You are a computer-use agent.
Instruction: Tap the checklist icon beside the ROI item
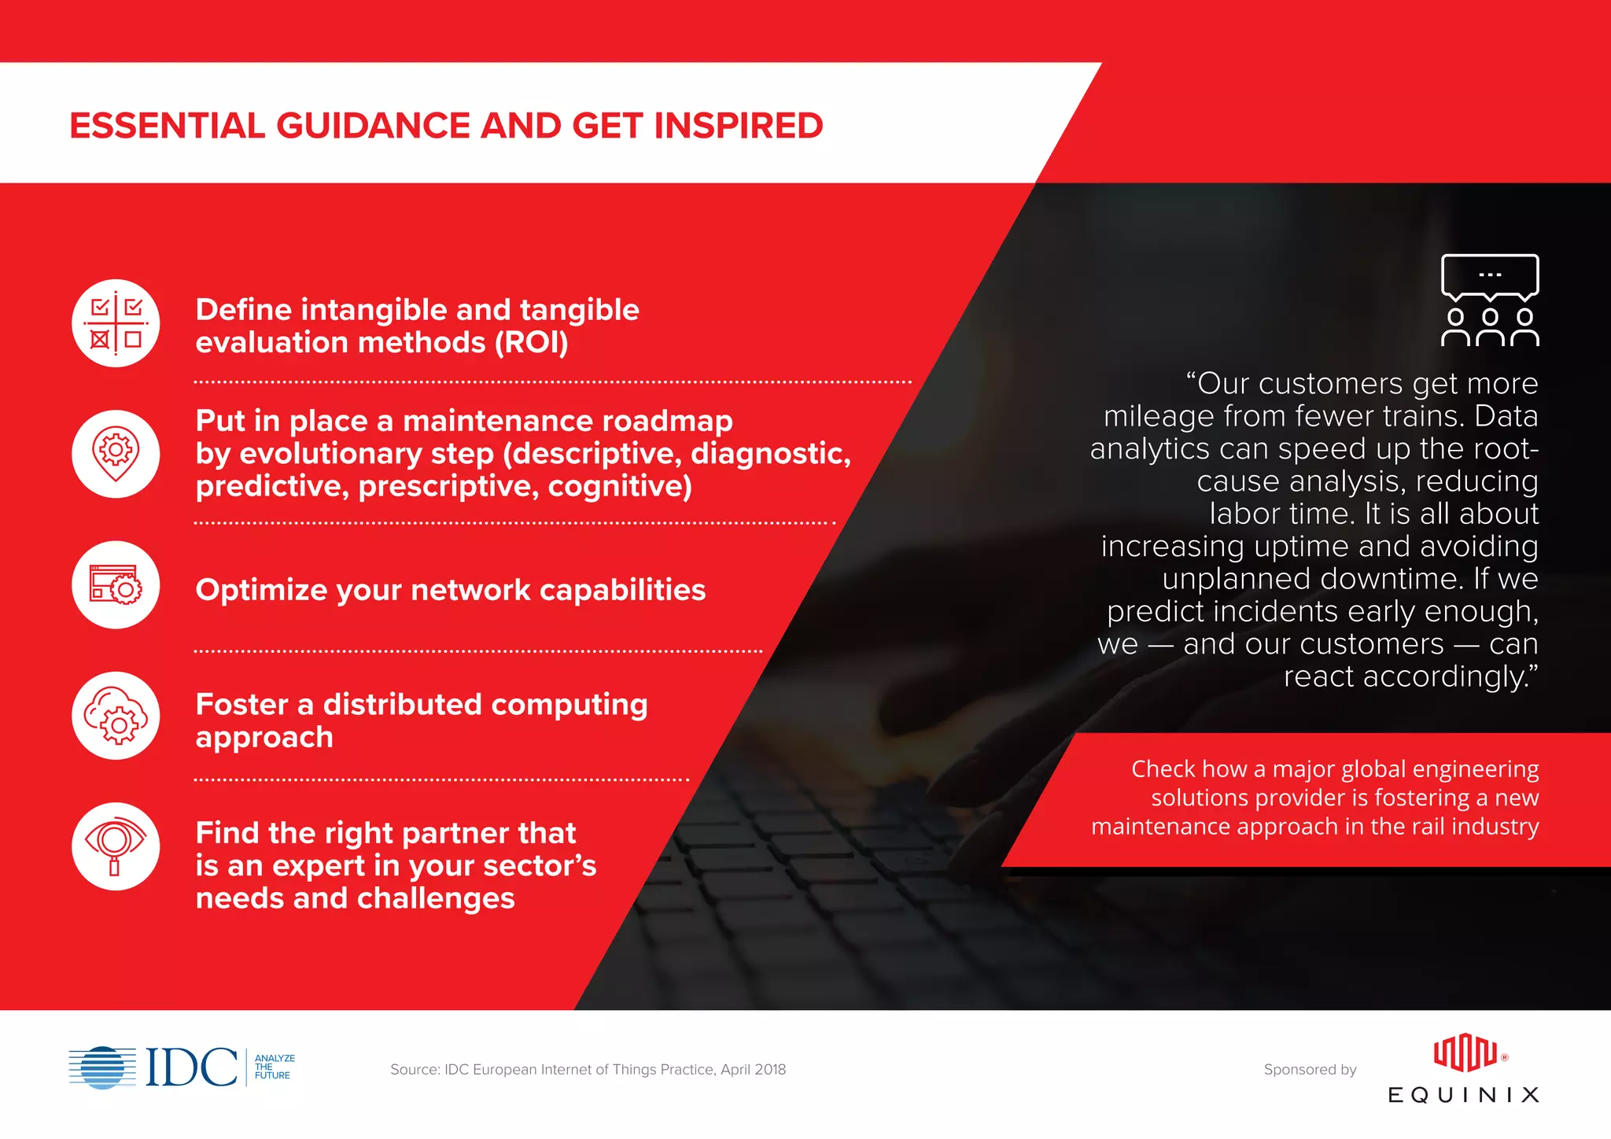click(116, 323)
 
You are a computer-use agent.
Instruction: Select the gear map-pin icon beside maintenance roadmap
click(116, 454)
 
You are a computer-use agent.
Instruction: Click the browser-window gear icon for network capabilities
click(116, 584)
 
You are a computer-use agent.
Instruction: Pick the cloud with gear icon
click(116, 716)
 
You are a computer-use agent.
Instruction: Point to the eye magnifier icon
click(116, 846)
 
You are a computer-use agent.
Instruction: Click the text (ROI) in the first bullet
click(531, 343)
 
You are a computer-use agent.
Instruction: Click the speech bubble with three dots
click(1490, 276)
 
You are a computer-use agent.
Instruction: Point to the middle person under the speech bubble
click(1490, 327)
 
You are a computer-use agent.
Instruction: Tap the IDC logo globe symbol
click(102, 1067)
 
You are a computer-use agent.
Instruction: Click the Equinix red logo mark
click(1465, 1054)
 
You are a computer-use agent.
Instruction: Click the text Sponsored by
click(1310, 1070)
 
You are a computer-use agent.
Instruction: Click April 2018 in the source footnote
click(753, 1070)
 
